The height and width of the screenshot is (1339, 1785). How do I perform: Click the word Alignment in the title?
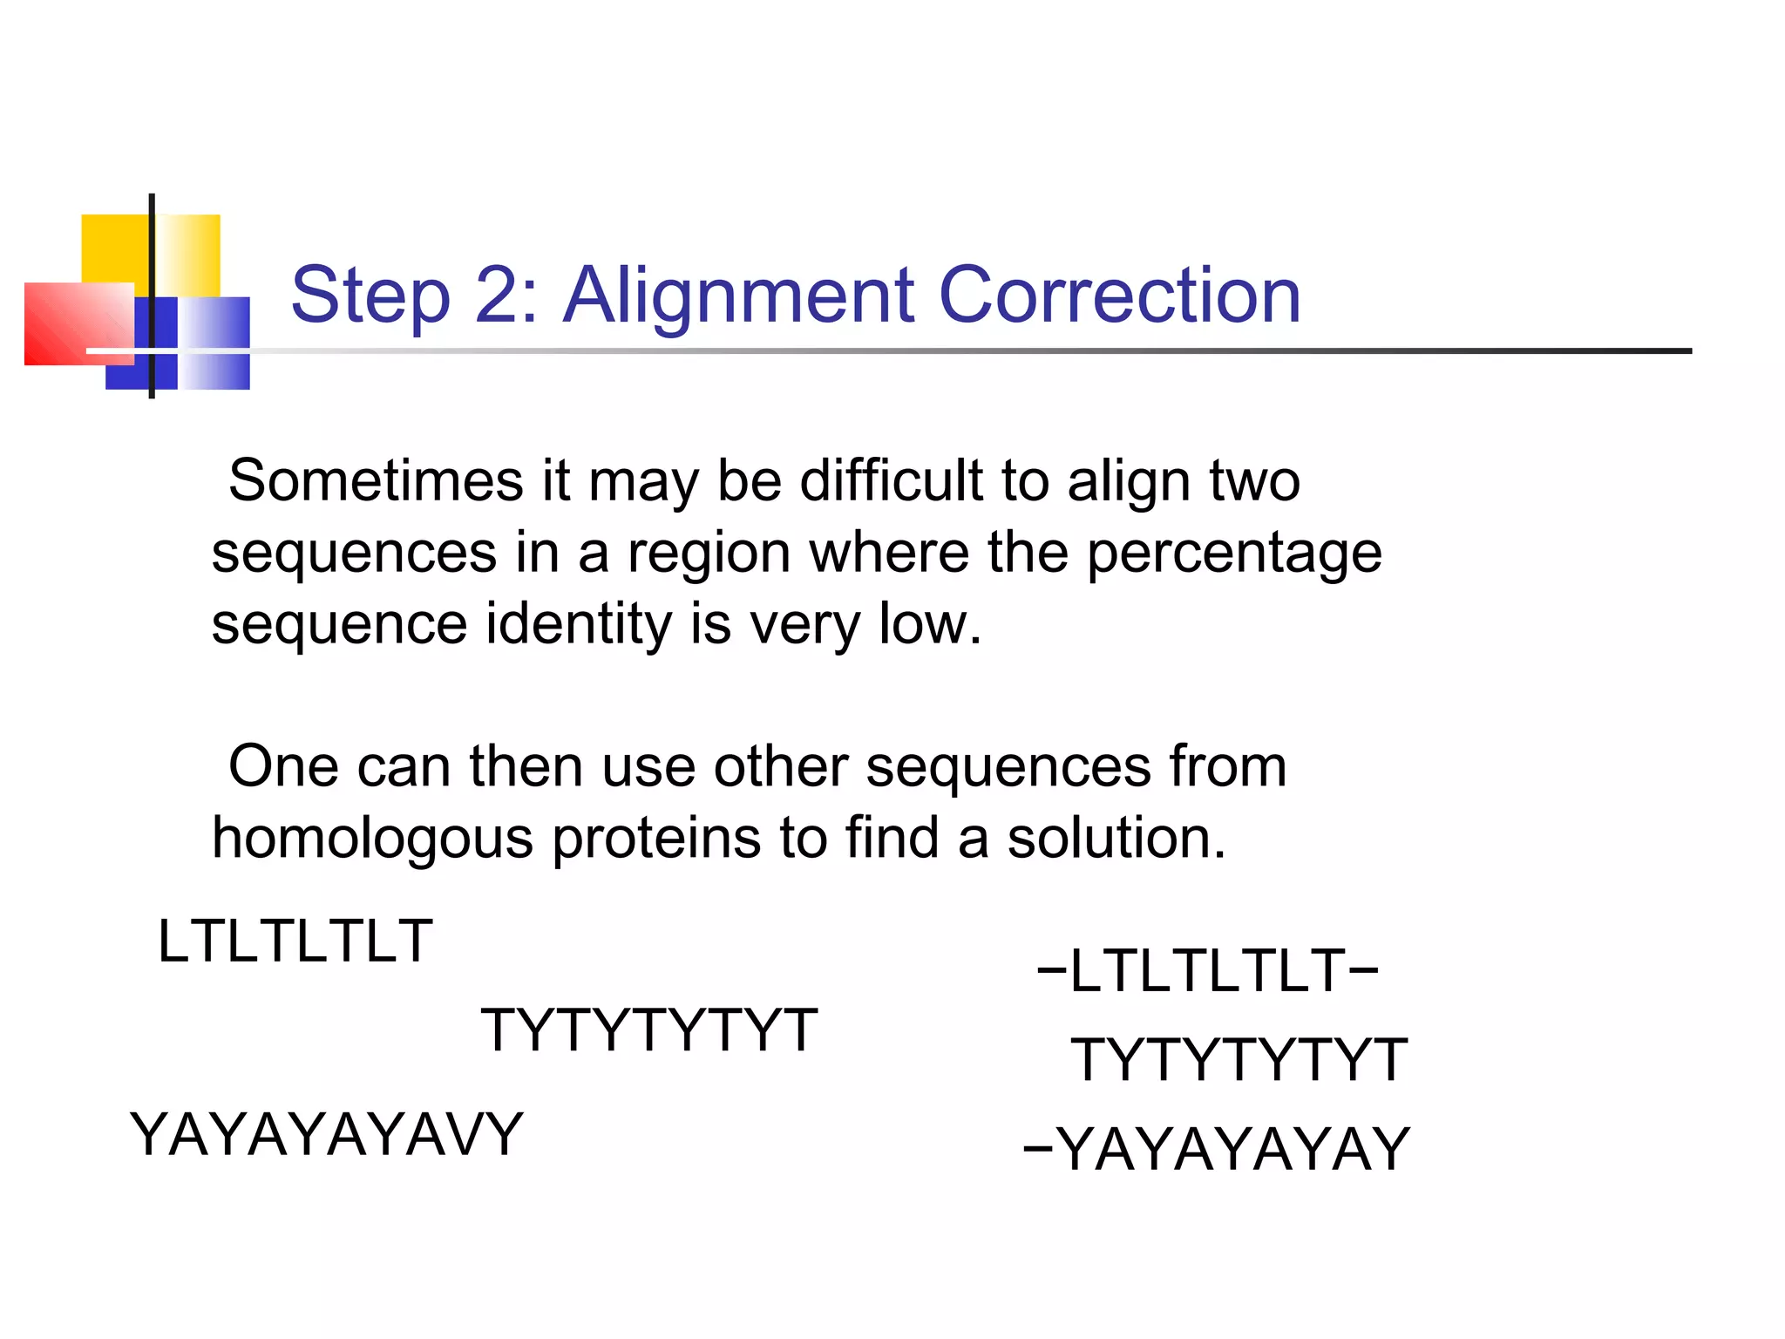tap(739, 296)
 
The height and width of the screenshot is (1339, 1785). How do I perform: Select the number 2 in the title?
tap(506, 296)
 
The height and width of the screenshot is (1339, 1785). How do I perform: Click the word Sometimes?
tap(376, 481)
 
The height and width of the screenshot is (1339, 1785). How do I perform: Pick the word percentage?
tap(1234, 554)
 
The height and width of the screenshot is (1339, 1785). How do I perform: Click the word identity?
tap(579, 624)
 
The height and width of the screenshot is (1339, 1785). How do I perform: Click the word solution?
tap(1116, 839)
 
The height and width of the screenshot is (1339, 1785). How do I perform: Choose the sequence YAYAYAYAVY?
tap(326, 1135)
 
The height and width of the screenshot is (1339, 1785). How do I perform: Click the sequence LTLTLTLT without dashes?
tap(295, 941)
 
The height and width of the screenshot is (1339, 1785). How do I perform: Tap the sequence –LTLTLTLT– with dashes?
tap(1208, 971)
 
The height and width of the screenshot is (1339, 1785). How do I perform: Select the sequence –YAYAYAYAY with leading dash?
tap(1217, 1149)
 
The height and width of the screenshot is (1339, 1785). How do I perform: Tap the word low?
tap(929, 624)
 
